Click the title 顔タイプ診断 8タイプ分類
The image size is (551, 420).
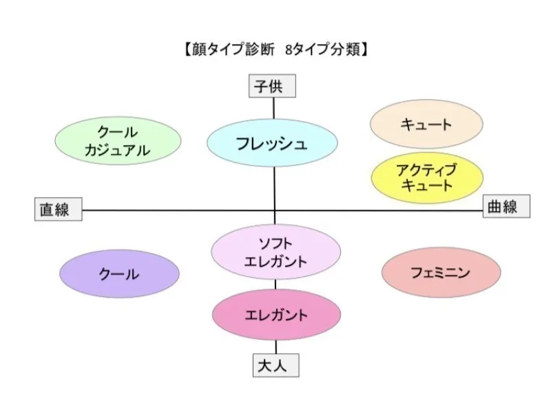[275, 49]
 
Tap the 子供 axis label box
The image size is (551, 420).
[273, 87]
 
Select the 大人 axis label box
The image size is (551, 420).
[275, 366]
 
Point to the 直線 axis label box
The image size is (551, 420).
[58, 209]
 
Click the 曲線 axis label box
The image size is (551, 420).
[506, 206]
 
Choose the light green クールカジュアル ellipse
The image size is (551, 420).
[118, 140]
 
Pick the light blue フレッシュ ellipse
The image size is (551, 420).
[272, 144]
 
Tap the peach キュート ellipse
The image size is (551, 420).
[426, 124]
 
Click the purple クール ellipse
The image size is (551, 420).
[119, 274]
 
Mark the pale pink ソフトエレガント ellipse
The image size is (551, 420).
[275, 252]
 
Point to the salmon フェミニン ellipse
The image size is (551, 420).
[441, 273]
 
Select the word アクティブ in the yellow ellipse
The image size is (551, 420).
[426, 168]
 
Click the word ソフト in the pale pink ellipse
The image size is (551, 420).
[275, 243]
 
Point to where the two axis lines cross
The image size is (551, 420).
[275, 210]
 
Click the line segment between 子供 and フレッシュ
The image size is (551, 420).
[274, 108]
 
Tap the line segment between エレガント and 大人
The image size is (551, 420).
[276, 348]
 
